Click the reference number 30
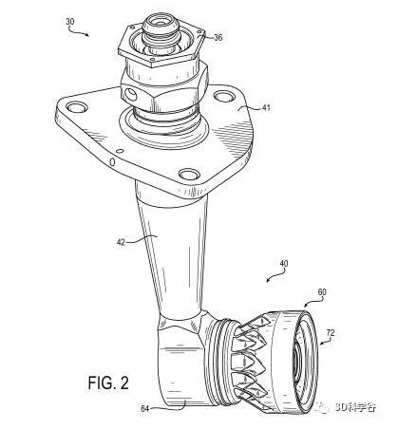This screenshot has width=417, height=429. pos(70,22)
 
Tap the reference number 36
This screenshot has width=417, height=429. pos(218,38)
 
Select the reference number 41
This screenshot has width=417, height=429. pos(267,107)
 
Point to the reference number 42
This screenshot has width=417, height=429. pos(122,242)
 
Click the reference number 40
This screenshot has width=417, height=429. pos(284,263)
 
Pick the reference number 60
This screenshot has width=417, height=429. pos(322,292)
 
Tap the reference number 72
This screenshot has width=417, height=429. pos(331,333)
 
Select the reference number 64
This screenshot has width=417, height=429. pos(144,409)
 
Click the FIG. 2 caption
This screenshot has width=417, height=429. pos(108,382)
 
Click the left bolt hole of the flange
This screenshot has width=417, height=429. pos(77,107)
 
